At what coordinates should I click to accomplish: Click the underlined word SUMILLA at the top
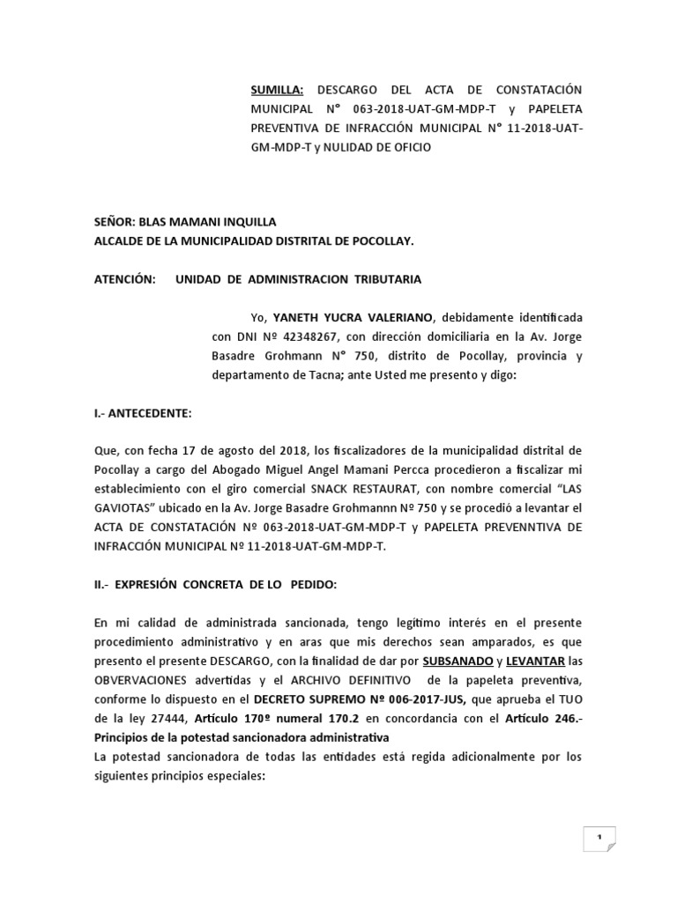click(x=277, y=91)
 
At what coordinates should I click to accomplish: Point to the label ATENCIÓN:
click(x=124, y=279)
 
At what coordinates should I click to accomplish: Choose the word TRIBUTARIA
click(x=388, y=279)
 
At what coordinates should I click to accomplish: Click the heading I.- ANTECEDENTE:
click(x=142, y=413)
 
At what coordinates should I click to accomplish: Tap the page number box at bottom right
click(x=599, y=839)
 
